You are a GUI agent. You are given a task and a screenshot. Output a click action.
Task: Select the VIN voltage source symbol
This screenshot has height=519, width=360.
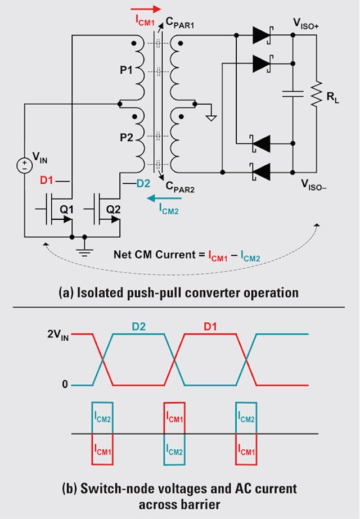point(24,165)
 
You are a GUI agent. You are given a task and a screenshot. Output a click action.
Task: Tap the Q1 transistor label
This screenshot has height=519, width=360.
point(67,209)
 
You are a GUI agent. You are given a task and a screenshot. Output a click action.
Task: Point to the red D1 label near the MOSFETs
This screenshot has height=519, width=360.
point(48,181)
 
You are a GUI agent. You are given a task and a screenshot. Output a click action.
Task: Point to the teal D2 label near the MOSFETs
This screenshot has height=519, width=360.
point(144,182)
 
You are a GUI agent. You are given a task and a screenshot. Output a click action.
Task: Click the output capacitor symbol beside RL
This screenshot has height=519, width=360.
point(293,94)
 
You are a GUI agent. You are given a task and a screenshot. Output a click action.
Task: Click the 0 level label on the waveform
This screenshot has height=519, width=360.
point(65,385)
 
